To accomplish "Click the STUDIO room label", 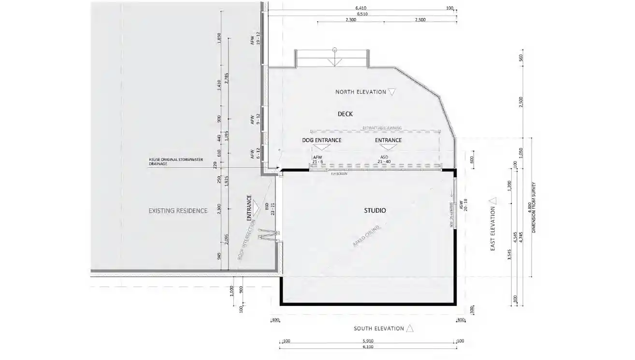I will [375, 211].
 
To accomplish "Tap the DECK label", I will [345, 114].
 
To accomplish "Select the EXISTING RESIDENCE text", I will [178, 211].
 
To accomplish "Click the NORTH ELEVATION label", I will [361, 92].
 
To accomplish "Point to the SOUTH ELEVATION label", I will [378, 329].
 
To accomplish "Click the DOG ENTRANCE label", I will [321, 140].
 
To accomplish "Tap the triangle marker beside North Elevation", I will [392, 91].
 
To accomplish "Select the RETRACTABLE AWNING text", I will [382, 128].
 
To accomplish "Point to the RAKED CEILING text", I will [367, 237].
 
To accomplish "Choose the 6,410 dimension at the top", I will [361, 8].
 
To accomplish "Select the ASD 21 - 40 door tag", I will [384, 160].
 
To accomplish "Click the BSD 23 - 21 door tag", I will [270, 208].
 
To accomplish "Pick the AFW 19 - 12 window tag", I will [255, 39].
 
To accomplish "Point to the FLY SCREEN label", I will [339, 173].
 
